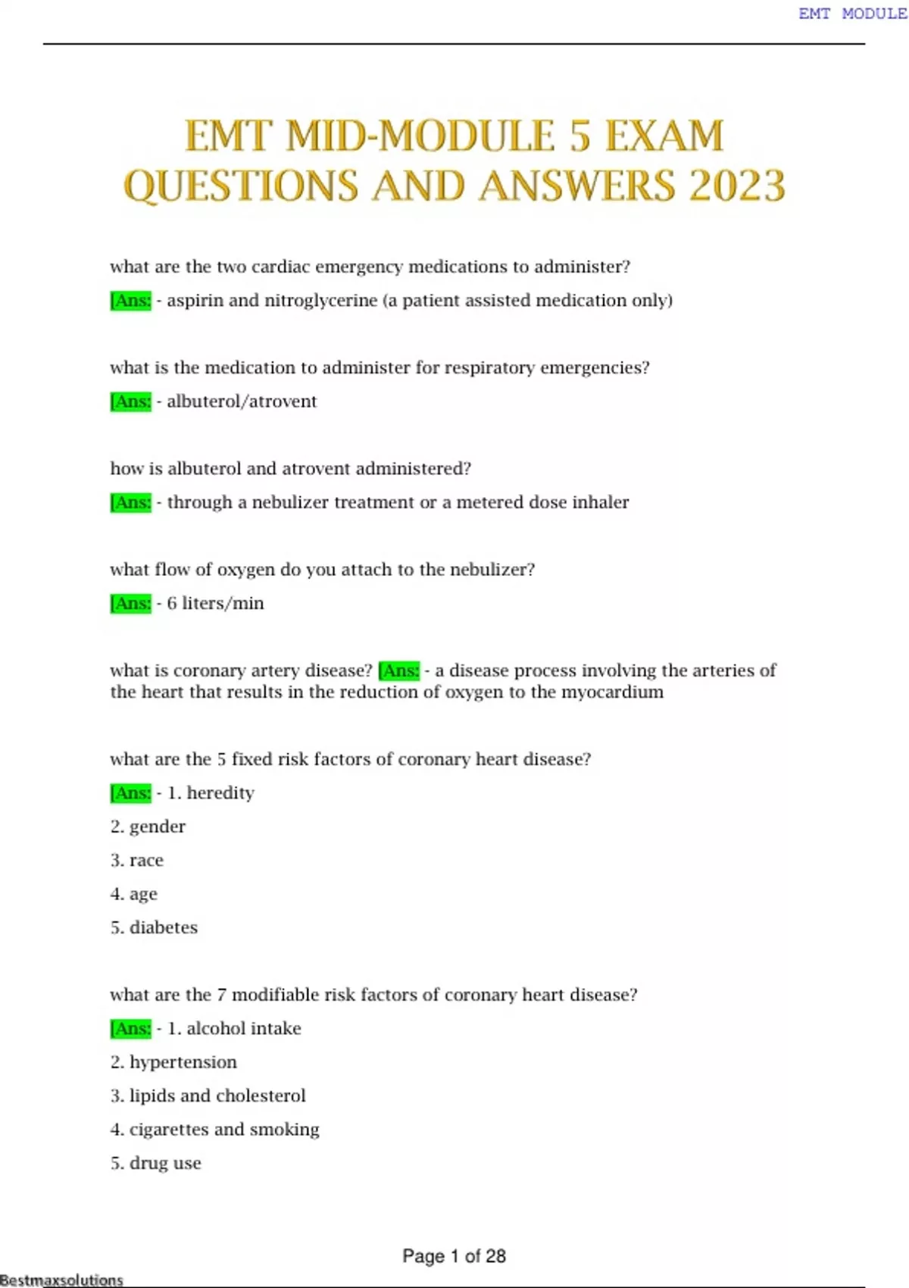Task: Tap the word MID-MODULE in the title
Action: (x=421, y=136)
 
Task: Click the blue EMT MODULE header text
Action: (x=851, y=14)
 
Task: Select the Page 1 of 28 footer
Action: (x=454, y=1255)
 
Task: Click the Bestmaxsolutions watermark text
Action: (x=61, y=1280)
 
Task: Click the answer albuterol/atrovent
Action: (x=242, y=402)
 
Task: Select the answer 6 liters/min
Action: (x=215, y=603)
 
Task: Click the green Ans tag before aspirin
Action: (x=131, y=301)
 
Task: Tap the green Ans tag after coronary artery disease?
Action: (x=399, y=671)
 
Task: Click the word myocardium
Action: (x=612, y=692)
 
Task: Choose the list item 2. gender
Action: (x=148, y=827)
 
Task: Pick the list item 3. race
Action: (x=137, y=860)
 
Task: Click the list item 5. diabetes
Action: (x=154, y=927)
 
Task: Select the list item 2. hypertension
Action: (x=173, y=1062)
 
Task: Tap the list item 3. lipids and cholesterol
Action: (x=208, y=1096)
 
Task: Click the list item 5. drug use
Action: (x=156, y=1163)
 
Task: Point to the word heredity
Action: (x=220, y=793)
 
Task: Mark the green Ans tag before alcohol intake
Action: (x=131, y=1029)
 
